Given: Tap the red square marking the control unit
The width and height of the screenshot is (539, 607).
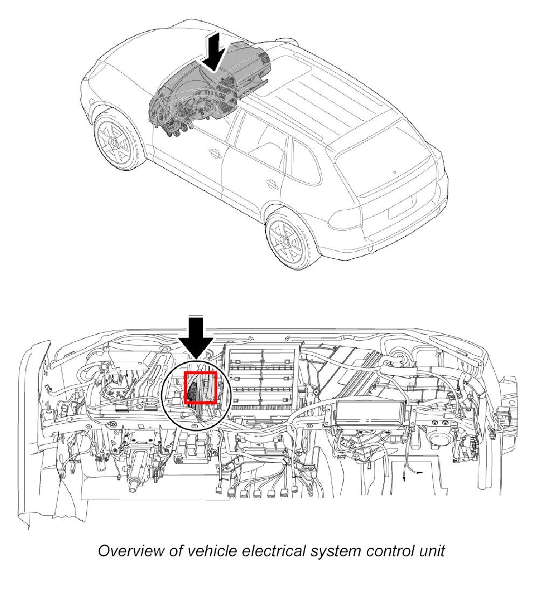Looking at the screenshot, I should pyautogui.click(x=201, y=387).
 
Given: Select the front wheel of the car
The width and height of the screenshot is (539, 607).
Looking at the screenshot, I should pyautogui.click(x=115, y=139).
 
